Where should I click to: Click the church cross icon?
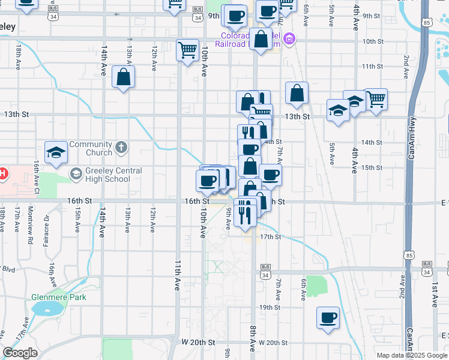[x=121, y=146]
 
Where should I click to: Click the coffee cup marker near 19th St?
[x=328, y=318]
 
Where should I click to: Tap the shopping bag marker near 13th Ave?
[x=123, y=77]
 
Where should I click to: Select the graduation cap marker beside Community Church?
[x=56, y=153]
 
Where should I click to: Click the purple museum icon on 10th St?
[x=289, y=40]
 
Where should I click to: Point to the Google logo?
[x=20, y=353]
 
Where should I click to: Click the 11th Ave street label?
[x=178, y=275]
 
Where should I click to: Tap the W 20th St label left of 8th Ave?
[x=199, y=342]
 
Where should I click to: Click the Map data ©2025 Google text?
[x=411, y=355]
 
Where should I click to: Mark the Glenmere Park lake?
[x=47, y=309]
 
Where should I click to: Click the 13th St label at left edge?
[x=16, y=114]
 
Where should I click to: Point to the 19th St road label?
[x=270, y=307]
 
